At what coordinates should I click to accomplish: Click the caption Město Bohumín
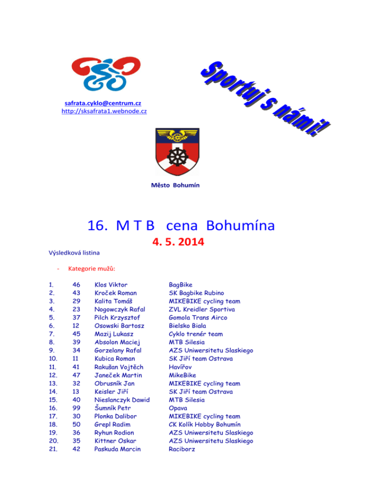point(175,186)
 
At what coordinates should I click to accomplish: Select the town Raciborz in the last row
point(182,449)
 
